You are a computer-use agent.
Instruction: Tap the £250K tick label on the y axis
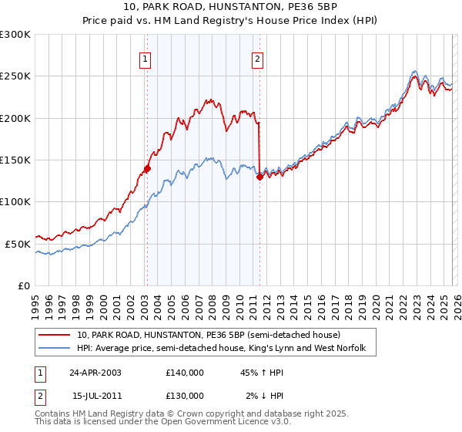click(15, 76)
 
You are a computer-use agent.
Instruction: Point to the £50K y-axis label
click(18, 244)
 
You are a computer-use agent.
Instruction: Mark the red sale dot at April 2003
click(147, 168)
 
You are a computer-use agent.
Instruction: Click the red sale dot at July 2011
click(259, 177)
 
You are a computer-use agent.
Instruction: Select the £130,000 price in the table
click(185, 395)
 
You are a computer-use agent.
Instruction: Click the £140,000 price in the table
click(185, 373)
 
